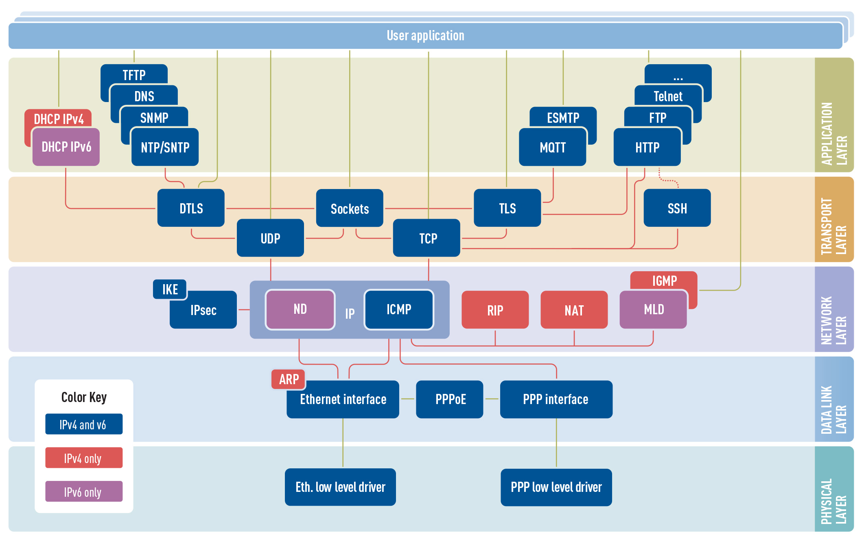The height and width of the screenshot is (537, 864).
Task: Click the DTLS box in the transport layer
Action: [191, 208]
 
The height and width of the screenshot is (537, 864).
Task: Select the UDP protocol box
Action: [270, 238]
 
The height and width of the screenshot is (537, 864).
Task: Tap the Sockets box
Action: [350, 209]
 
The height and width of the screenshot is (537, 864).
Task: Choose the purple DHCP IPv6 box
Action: [66, 147]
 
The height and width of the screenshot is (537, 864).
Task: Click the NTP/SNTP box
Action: [165, 148]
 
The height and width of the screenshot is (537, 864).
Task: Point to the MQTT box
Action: [552, 148]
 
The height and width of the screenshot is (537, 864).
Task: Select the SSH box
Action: [677, 209]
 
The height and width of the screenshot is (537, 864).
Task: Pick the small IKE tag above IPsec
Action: [170, 289]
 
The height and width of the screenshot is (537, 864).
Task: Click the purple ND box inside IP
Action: [300, 309]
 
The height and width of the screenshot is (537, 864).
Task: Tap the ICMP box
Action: [399, 309]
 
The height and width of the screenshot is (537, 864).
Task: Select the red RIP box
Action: [495, 310]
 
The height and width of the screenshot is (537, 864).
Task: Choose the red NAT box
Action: [574, 310]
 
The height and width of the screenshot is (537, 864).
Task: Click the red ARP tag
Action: [289, 379]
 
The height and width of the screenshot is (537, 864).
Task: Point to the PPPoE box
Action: [450, 399]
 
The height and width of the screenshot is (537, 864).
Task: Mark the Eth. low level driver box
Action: [340, 487]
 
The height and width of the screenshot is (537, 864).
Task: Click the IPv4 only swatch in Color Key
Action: [84, 458]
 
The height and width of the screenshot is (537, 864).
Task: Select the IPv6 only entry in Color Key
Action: [84, 492]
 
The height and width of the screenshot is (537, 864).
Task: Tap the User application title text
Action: [425, 36]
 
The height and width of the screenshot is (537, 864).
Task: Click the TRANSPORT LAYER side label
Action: [833, 226]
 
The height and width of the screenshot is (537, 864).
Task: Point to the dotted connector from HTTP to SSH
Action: [667, 180]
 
